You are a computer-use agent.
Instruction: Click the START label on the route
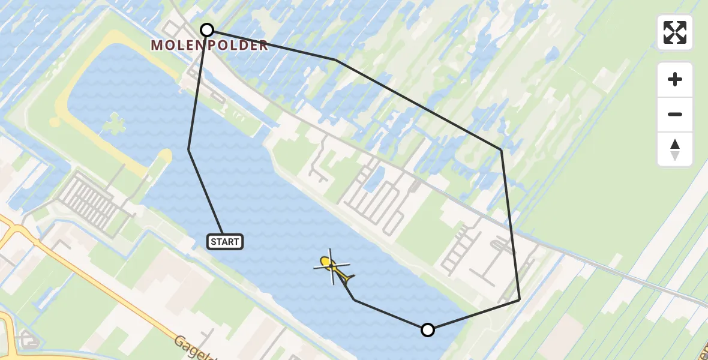click(x=225, y=242)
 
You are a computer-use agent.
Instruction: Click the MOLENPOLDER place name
click(x=209, y=46)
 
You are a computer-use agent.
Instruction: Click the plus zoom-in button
click(x=675, y=79)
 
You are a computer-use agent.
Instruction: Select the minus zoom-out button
click(x=675, y=115)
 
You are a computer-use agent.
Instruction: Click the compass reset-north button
click(x=675, y=149)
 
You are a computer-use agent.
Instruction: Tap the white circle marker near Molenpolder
click(x=207, y=30)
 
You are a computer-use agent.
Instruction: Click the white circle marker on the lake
click(x=427, y=329)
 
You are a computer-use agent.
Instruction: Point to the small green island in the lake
click(x=114, y=125)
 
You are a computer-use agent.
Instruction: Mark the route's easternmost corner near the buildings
click(x=519, y=299)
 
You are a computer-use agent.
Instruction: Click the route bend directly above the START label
click(x=189, y=149)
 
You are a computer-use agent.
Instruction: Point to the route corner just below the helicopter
click(x=354, y=299)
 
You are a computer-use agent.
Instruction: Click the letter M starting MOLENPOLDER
click(x=157, y=46)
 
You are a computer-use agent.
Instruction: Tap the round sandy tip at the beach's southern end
click(x=163, y=157)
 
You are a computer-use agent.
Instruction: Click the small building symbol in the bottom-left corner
click(x=27, y=340)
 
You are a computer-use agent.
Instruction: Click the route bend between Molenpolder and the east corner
click(x=337, y=60)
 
